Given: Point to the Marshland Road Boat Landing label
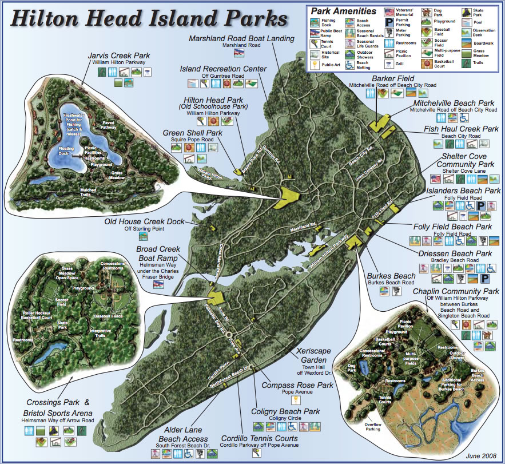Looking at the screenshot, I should tap(241, 38).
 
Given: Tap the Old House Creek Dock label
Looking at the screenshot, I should tap(146, 221).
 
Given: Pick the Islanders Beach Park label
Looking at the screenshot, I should tap(464, 191).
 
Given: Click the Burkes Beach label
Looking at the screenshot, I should tap(391, 276).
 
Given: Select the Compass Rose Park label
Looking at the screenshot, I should tap(297, 385).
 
